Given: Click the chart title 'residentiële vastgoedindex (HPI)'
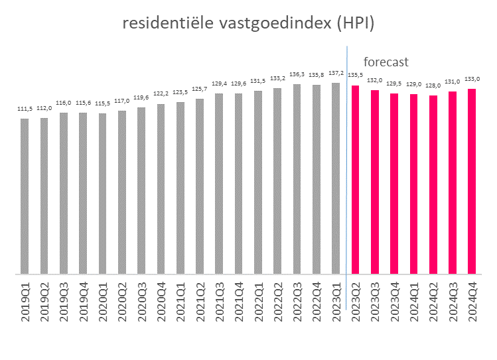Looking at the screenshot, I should coord(249,24).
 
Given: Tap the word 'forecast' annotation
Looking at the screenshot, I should coord(386,62).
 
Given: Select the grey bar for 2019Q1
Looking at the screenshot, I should coord(25,196).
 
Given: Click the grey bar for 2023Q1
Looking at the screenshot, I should coord(336,178).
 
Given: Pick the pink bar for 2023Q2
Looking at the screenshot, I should coord(355,179).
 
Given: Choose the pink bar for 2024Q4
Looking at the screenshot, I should coord(472,181).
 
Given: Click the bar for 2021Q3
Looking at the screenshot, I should coord(219,183).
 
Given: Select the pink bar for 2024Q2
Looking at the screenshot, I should coord(433,184).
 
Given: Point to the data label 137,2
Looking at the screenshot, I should coord(336,74).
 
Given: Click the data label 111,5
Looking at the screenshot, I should coord(25,109).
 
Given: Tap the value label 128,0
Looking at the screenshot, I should coord(433,86).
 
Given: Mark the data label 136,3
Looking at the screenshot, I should coord(297,74).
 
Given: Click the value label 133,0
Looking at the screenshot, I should coord(472,79).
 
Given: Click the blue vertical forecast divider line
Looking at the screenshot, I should coord(346,166).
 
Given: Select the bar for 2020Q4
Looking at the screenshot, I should coord(161,188).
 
